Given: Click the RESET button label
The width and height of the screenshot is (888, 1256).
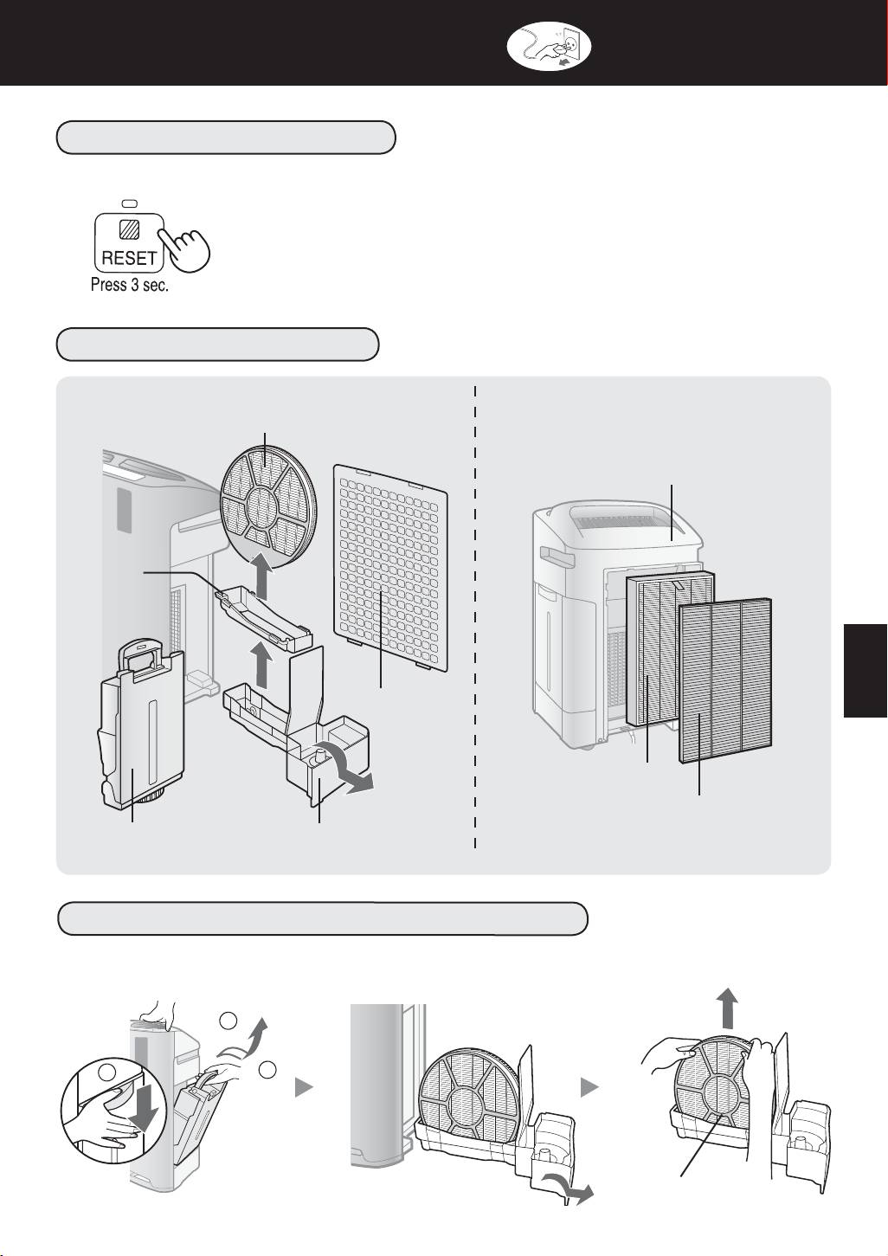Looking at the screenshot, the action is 129,259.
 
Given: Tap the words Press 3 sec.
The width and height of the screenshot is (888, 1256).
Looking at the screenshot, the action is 130,285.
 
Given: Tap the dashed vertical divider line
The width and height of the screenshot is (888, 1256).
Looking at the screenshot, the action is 475,617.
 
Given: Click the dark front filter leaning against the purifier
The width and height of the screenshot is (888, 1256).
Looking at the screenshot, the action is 725,680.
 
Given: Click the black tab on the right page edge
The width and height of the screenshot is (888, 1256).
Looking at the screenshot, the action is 865,671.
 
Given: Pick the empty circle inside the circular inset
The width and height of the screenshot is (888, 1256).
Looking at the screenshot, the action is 107,1072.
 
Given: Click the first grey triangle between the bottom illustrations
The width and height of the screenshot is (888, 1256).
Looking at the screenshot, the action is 303,1088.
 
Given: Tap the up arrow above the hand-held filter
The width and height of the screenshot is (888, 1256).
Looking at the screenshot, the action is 726,1007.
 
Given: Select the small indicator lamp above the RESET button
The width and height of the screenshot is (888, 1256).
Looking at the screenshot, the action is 129,203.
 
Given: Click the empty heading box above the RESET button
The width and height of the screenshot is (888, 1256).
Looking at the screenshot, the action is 226,137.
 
